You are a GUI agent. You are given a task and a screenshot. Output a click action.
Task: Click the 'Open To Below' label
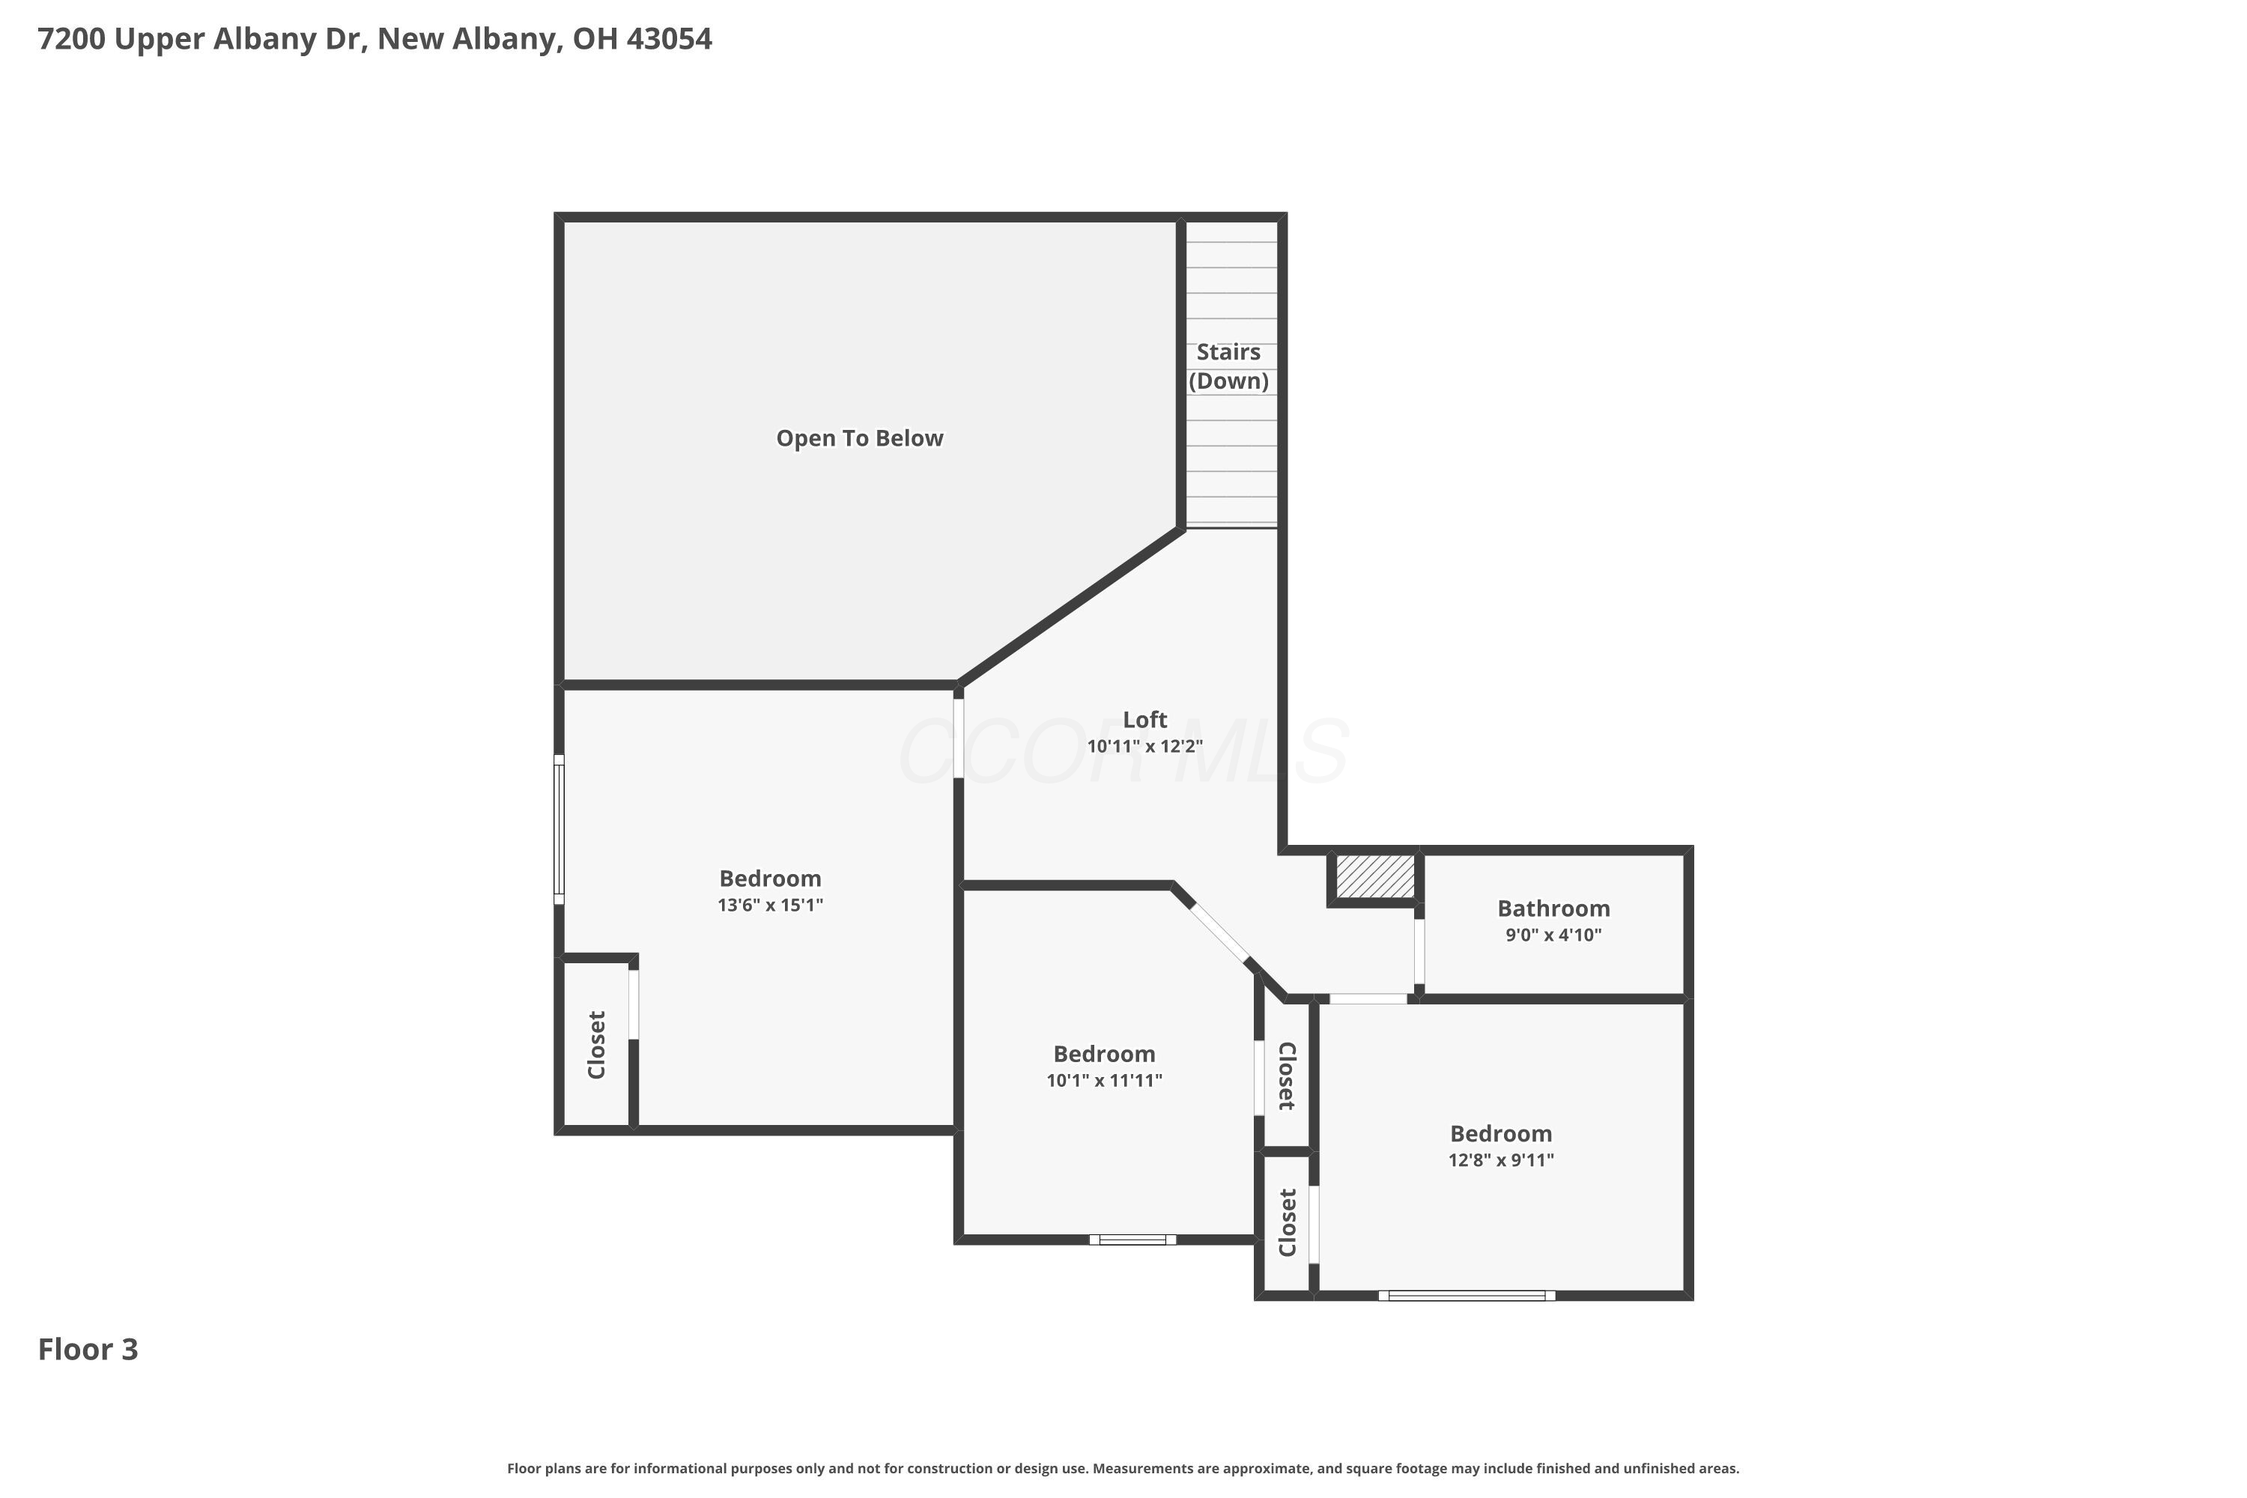(x=859, y=438)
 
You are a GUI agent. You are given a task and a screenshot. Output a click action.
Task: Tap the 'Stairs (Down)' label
(x=1228, y=367)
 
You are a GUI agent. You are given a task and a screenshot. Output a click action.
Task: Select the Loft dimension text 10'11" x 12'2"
(x=1144, y=746)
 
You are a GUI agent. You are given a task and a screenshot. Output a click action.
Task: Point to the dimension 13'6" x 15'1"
(x=770, y=905)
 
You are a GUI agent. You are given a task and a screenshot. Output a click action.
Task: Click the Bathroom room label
(x=1553, y=909)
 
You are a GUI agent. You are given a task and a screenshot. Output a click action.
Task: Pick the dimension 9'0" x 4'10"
(x=1553, y=936)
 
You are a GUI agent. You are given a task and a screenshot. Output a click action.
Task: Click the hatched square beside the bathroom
(x=1374, y=877)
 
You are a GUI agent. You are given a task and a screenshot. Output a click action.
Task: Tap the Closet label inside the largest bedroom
(x=597, y=1045)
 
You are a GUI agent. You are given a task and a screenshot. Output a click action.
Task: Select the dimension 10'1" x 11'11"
(x=1104, y=1081)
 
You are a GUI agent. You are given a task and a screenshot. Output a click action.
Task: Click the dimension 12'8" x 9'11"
(x=1501, y=1159)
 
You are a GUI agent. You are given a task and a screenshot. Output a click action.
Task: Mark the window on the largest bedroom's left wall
(x=559, y=829)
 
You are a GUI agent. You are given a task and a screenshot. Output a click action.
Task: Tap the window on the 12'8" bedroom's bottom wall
(x=1467, y=1296)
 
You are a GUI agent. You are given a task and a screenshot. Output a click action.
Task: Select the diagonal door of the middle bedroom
(x=1219, y=932)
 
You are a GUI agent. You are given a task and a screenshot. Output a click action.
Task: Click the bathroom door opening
(x=1419, y=951)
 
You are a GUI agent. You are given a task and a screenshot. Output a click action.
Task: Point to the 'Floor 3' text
(x=88, y=1349)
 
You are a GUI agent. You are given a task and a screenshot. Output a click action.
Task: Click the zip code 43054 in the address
(x=669, y=39)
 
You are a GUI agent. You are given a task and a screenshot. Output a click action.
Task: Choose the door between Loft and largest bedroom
(x=958, y=739)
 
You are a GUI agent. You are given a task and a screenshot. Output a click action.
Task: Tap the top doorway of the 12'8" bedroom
(x=1368, y=998)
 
